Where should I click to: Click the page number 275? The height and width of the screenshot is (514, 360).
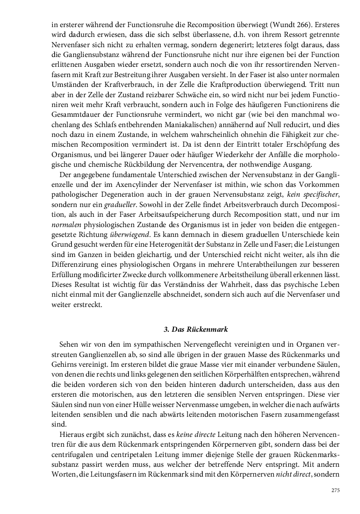(335, 490)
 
